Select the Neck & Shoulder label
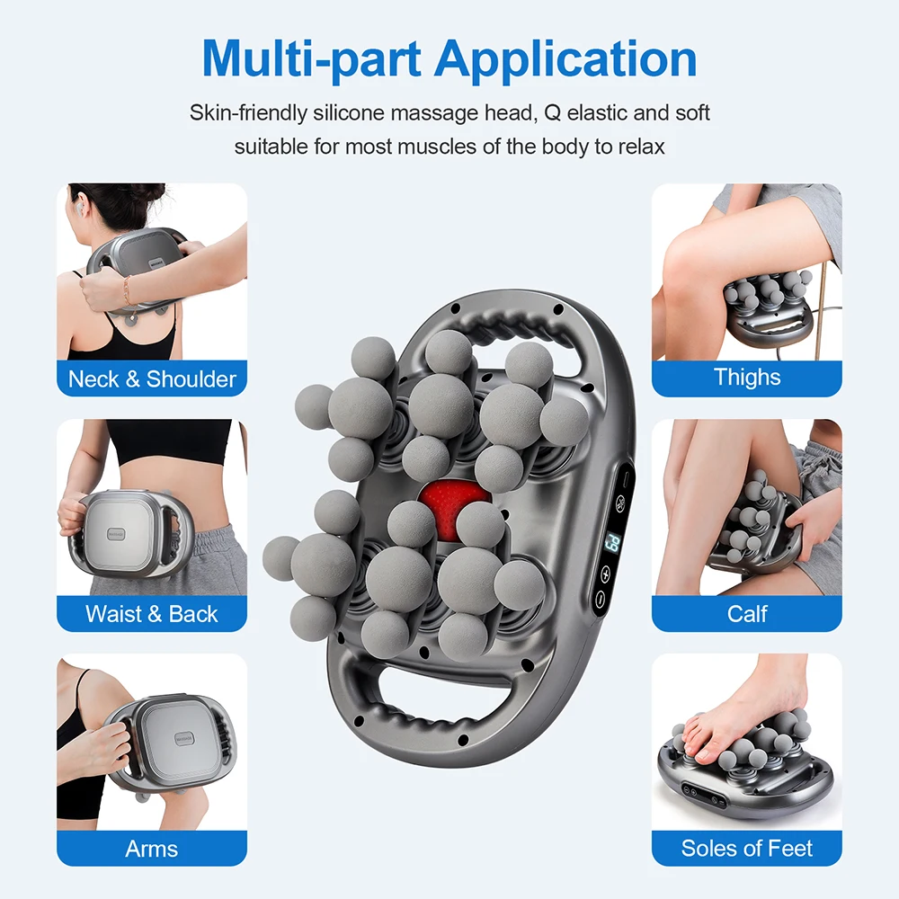152,378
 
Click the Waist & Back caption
152,614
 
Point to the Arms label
152,848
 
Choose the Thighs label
747,377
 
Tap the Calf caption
747,614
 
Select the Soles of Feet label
747,848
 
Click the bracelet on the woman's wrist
126,289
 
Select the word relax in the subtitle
639,146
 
